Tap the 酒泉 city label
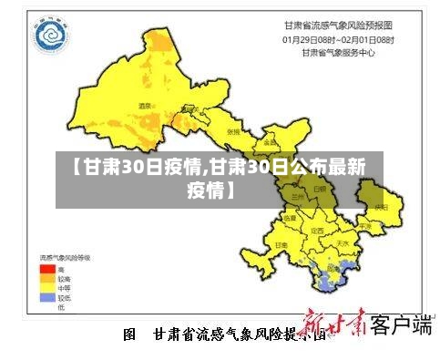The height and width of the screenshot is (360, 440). (143, 107)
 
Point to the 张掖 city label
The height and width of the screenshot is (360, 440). (232, 131)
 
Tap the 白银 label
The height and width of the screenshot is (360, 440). (319, 188)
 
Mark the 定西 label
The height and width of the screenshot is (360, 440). (318, 231)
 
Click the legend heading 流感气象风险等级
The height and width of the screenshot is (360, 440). (67, 259)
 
